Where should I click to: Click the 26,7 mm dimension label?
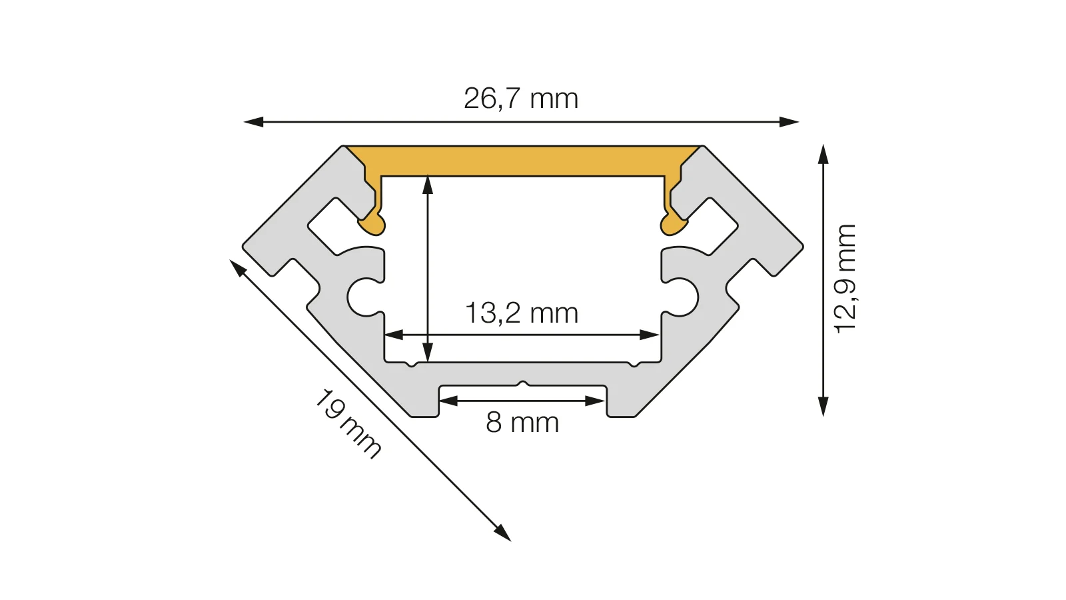pos(520,99)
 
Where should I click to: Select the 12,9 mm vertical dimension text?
pos(845,279)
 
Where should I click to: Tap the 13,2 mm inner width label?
pos(522,313)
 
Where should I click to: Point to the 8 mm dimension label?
pos(522,423)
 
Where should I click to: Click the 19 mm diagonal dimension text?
pos(348,424)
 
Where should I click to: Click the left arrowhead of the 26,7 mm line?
pos(253,122)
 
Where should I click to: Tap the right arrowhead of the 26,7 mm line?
pos(789,122)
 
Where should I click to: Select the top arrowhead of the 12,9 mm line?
pos(823,154)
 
